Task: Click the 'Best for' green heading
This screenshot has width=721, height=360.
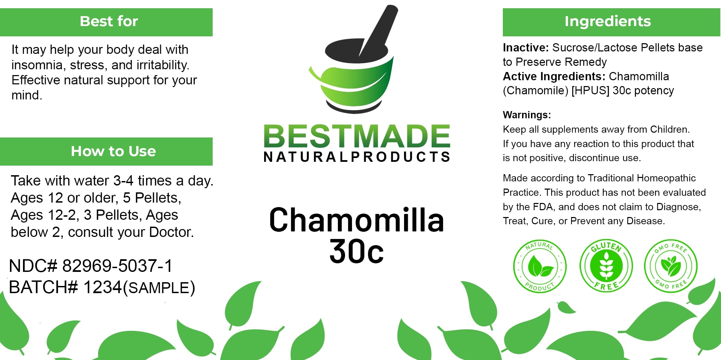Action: click(x=109, y=21)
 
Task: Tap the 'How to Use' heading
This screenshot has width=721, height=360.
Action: click(x=113, y=151)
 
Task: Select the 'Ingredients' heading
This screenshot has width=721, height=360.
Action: click(x=607, y=21)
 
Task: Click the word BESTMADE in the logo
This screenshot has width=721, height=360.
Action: click(x=357, y=136)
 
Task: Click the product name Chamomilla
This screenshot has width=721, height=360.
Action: click(x=357, y=220)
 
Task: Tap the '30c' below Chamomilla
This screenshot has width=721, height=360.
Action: click(x=356, y=251)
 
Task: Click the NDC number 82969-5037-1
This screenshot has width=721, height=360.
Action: click(x=117, y=266)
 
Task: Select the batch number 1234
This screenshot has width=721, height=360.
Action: click(x=103, y=287)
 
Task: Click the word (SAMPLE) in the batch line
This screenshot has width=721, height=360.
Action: click(x=159, y=288)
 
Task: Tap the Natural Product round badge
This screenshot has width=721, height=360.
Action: click(x=540, y=266)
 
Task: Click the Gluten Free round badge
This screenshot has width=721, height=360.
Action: click(x=606, y=266)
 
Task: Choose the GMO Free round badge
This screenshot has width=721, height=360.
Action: click(x=671, y=266)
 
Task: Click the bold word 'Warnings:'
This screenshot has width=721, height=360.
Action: click(x=527, y=115)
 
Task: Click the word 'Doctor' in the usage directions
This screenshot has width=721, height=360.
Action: click(x=170, y=232)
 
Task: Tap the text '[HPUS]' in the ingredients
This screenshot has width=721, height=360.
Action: click(x=590, y=91)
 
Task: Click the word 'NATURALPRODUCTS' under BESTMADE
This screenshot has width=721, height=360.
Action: click(x=357, y=157)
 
